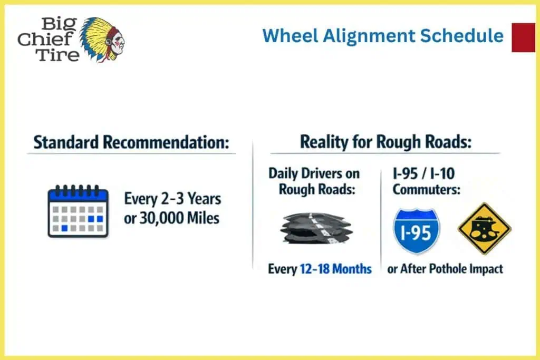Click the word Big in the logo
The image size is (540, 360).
pyautogui.click(x=55, y=24)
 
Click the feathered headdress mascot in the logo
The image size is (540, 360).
pyautogui.click(x=103, y=38)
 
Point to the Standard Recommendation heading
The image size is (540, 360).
pyautogui.click(x=131, y=142)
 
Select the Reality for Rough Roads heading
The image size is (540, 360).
pyautogui.click(x=385, y=142)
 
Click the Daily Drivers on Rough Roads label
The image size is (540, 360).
pyautogui.click(x=314, y=181)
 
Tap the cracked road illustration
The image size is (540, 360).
pyautogui.click(x=315, y=228)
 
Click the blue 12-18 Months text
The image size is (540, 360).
pyautogui.click(x=335, y=269)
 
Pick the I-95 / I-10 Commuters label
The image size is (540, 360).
pyautogui.click(x=426, y=181)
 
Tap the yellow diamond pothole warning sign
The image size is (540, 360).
pyautogui.click(x=484, y=229)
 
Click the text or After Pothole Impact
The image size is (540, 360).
pyautogui.click(x=445, y=269)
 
